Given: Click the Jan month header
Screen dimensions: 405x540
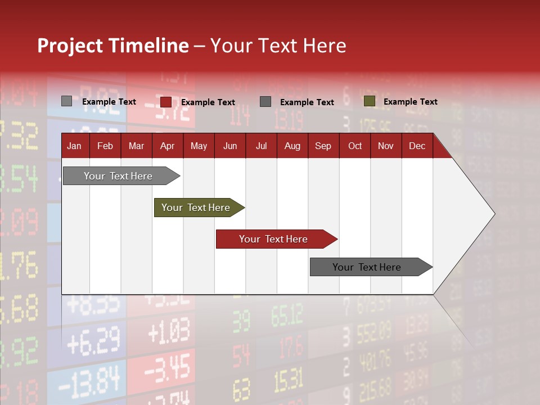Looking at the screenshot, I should pos(74,146).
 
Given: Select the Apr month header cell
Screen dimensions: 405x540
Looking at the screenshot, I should pos(167,146).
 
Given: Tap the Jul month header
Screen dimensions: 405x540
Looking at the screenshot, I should pos(261,146).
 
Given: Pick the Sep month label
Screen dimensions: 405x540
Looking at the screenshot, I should pos(323,146).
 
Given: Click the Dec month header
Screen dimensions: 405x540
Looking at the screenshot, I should pos(417,146).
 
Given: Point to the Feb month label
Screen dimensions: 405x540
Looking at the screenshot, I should pos(105,146).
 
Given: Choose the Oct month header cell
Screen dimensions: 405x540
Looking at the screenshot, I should pos(355,146).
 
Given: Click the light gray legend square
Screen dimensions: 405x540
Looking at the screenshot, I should pos(66,101).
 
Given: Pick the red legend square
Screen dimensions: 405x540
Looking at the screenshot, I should pos(166,102).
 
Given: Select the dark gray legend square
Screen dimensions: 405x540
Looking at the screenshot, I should pos(265,102).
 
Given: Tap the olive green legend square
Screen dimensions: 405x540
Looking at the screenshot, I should pos(369,101).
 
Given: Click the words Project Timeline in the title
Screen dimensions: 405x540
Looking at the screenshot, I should pos(112,46).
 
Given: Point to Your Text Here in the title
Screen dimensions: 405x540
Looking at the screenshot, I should pos(278,46).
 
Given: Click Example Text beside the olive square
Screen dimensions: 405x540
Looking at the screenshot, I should pos(410,102).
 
